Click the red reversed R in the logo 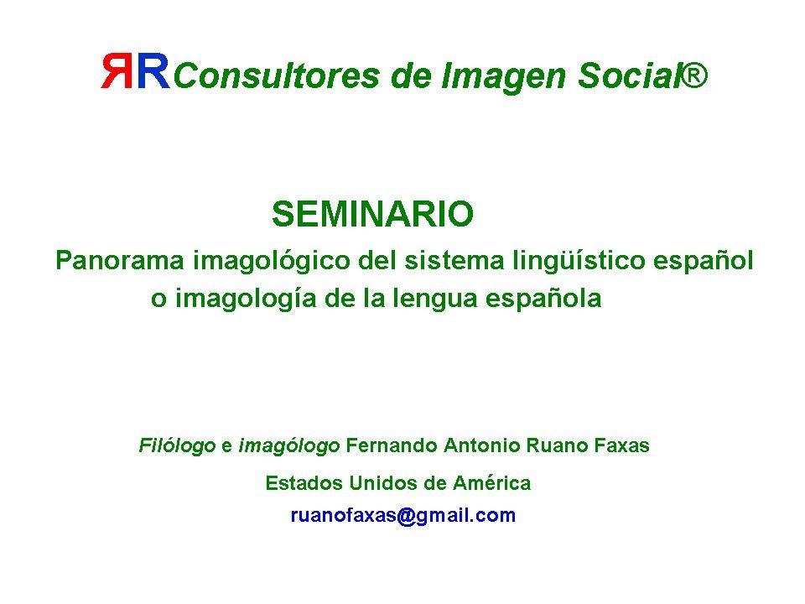pyautogui.click(x=117, y=70)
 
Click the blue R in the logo pyautogui.click(x=153, y=70)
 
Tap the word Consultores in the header pyautogui.click(x=277, y=76)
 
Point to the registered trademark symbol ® pyautogui.click(x=693, y=75)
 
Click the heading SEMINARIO pyautogui.click(x=372, y=214)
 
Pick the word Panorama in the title pyautogui.click(x=119, y=260)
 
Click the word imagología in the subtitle pyautogui.click(x=246, y=299)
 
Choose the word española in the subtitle pyautogui.click(x=543, y=299)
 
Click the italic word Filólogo pyautogui.click(x=177, y=445)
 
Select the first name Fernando pyautogui.click(x=392, y=445)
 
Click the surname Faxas pyautogui.click(x=621, y=445)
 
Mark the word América pyautogui.click(x=492, y=483)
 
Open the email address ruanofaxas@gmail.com pyautogui.click(x=403, y=515)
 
